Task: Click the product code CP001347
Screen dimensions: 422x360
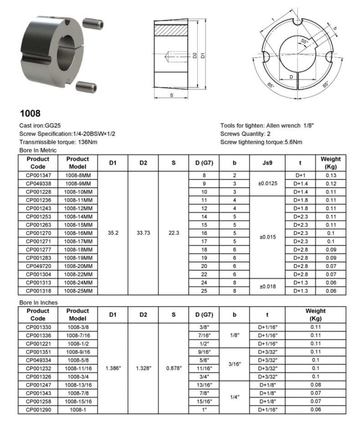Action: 38,175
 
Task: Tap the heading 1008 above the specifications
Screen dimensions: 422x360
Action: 30,112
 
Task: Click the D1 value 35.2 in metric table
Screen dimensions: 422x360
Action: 113,233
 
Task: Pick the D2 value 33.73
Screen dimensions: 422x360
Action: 144,233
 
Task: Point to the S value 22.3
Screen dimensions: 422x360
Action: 174,233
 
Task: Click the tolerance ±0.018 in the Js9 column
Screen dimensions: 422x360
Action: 267,286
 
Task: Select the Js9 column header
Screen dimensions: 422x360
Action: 267,163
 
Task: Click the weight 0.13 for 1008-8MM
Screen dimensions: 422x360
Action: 331,175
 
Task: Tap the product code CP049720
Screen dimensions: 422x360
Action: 38,265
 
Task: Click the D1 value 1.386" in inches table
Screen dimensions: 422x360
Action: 113,368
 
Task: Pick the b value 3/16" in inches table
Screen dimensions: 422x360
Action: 234,364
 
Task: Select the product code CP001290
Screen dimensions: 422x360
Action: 38,409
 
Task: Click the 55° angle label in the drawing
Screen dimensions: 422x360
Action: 304,41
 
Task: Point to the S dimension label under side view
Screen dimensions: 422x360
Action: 171,95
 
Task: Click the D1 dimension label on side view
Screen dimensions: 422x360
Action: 202,55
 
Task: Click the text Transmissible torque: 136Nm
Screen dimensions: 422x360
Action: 58,142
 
